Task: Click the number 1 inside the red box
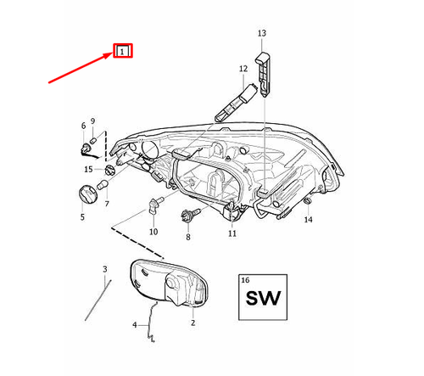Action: coord(123,52)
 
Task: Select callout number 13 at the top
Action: coord(261,33)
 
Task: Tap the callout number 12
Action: coord(243,69)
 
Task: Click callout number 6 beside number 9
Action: coord(84,126)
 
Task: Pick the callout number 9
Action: coord(93,121)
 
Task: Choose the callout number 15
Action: coord(88,170)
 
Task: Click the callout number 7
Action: coord(107,205)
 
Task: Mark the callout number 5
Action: coord(82,217)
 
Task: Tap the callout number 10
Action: coord(153,232)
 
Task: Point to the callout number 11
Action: coord(232,233)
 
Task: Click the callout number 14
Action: coord(309,220)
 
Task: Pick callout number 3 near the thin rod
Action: coord(105,270)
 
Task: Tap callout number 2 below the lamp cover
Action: coord(192,323)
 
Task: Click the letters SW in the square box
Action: coord(262,300)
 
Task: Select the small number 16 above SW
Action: coord(245,279)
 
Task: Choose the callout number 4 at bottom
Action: coord(134,324)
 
